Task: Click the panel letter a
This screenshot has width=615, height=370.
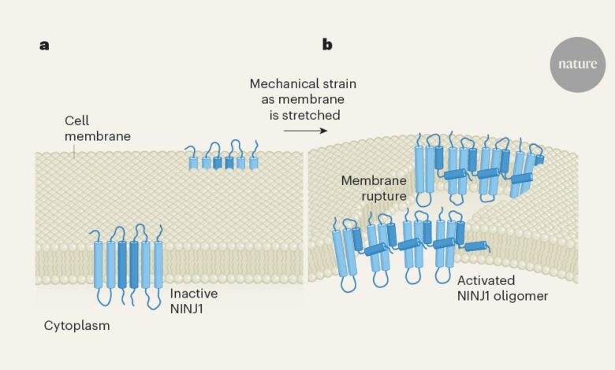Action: pos(44,45)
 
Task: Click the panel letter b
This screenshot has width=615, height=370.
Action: pos(326,45)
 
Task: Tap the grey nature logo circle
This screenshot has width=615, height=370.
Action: pos(577,65)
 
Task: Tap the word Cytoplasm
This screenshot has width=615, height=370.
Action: pos(77,325)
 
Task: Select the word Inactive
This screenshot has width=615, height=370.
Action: pos(194,293)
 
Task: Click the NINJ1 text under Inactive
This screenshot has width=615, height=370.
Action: pos(188,308)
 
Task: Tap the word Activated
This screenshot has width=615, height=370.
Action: pos(486,281)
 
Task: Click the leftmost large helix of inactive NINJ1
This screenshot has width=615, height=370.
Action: pos(99,264)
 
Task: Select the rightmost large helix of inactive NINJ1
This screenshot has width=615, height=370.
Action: pos(158,264)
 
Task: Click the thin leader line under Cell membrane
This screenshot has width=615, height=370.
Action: pos(74,152)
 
